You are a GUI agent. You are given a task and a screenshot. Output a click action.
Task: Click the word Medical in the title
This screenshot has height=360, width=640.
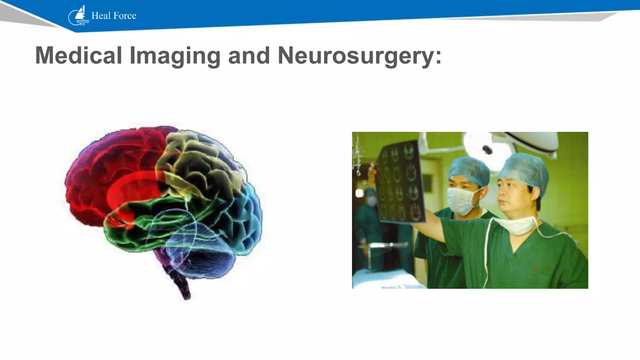coord(78,56)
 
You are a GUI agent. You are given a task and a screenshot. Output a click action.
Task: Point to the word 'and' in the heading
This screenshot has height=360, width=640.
coord(249,56)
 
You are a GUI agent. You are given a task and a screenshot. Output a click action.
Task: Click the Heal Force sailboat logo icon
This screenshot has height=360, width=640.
coord(78,16)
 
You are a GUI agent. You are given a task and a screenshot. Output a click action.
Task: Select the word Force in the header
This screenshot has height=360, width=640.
coord(125,16)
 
